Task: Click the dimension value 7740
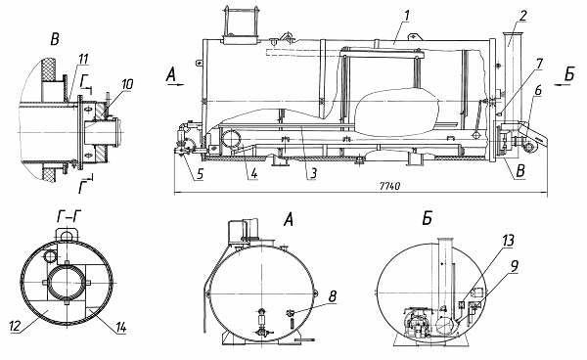(x=389, y=187)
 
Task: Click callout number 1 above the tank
(x=407, y=16)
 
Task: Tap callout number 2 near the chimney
(x=523, y=16)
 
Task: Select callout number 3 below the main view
(x=313, y=173)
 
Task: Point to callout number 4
(x=254, y=174)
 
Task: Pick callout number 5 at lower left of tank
(x=200, y=174)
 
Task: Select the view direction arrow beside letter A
(x=175, y=85)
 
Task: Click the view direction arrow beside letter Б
(x=563, y=85)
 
